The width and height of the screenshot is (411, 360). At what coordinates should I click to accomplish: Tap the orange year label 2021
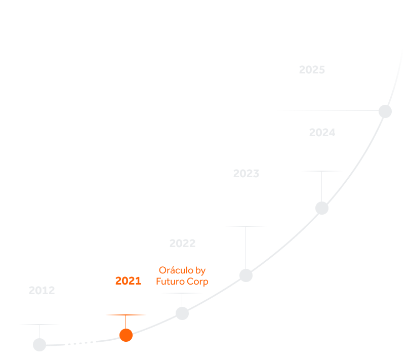point(128,281)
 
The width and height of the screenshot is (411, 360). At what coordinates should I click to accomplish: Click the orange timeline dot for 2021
point(126,335)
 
